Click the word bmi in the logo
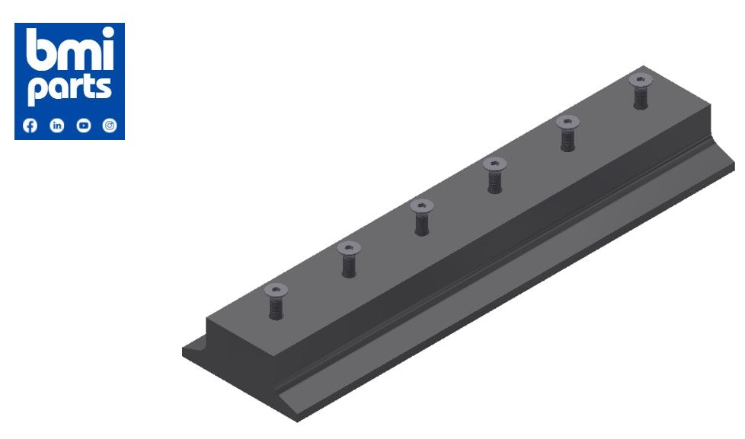click(x=69, y=52)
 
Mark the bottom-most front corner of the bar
click(x=299, y=419)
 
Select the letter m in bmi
click(x=76, y=55)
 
